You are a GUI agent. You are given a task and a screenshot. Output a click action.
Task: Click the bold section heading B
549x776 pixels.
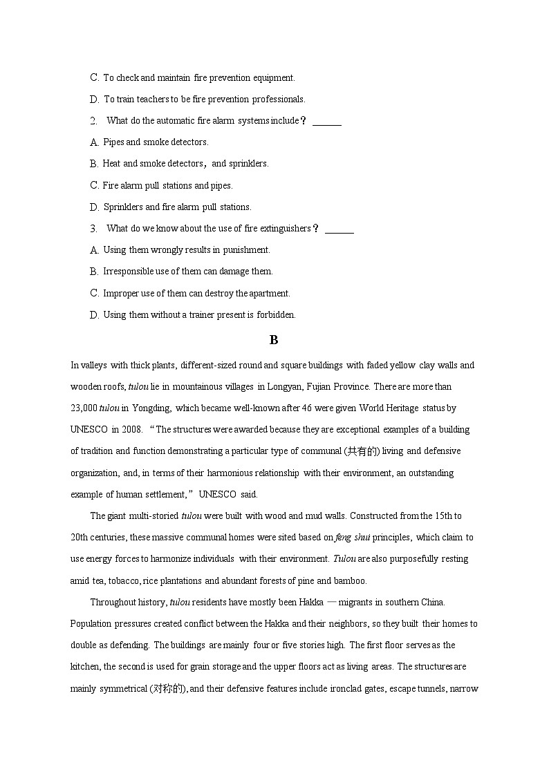point(274,340)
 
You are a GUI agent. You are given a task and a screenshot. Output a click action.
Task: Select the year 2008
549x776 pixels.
point(131,429)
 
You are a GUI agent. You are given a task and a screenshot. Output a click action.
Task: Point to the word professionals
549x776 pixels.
point(278,100)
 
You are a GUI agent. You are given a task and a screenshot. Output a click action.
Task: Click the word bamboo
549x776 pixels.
point(350,580)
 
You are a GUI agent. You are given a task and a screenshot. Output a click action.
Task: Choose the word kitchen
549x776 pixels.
point(85,667)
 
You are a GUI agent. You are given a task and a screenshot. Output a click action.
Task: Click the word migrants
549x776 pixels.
point(360,603)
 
